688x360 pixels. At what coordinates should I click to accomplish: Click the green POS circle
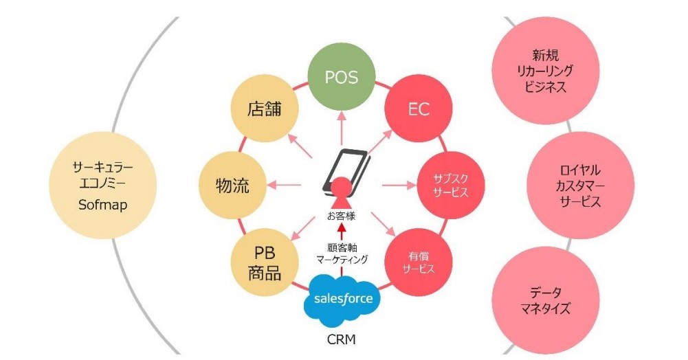coord(342,77)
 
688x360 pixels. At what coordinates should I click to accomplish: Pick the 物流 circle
coord(232,185)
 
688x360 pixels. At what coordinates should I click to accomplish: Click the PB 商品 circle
coord(264,262)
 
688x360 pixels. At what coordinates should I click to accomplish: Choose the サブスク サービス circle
coord(451,185)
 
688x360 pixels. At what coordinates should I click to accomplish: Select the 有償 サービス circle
coord(418,262)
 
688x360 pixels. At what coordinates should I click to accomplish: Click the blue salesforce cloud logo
coord(342,300)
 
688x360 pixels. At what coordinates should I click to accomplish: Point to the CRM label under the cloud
coord(342,339)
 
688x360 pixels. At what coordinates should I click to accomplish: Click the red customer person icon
coord(342,194)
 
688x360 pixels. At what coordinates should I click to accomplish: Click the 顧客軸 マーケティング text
coord(342,253)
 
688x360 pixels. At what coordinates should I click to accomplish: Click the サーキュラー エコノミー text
coord(102,175)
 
